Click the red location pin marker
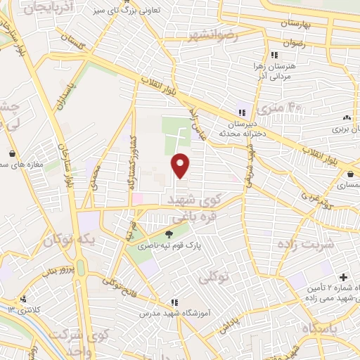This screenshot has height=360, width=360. point(181,165)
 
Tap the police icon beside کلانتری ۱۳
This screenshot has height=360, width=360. point(24,298)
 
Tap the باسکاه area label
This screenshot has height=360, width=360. point(320,328)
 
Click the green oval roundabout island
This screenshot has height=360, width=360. point(82,268)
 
